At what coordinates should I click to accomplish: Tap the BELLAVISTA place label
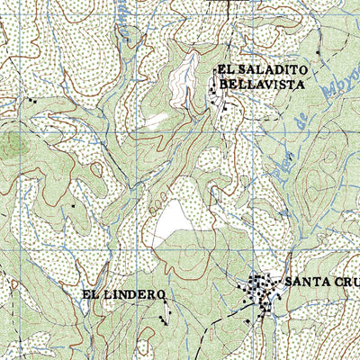pyautogui.click(x=261, y=85)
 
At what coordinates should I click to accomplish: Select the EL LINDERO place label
pyautogui.click(x=123, y=294)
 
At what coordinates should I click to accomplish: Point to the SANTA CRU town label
pyautogui.click(x=320, y=282)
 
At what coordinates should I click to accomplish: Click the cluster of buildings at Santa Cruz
pyautogui.click(x=261, y=292)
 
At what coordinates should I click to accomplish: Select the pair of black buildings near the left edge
pyautogui.click(x=33, y=101)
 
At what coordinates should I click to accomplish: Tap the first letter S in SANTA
pyautogui.click(x=289, y=282)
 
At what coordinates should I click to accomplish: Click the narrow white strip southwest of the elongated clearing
pyautogui.click(x=157, y=119)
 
